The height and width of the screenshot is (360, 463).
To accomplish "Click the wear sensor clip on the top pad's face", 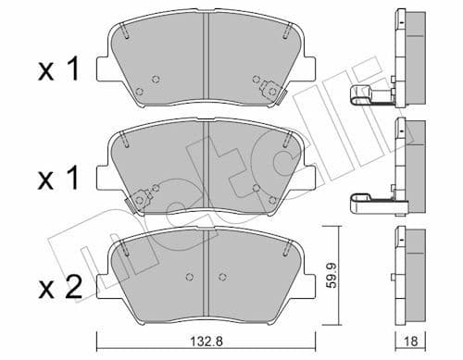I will coord(271,91).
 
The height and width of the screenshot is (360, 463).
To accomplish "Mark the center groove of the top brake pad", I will coord(206,60).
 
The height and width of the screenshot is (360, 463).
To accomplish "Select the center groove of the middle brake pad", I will coord(206,167).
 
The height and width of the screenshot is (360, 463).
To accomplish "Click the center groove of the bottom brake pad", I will coord(206,273).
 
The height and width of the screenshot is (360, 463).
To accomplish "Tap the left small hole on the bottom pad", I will coord(187,277).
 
